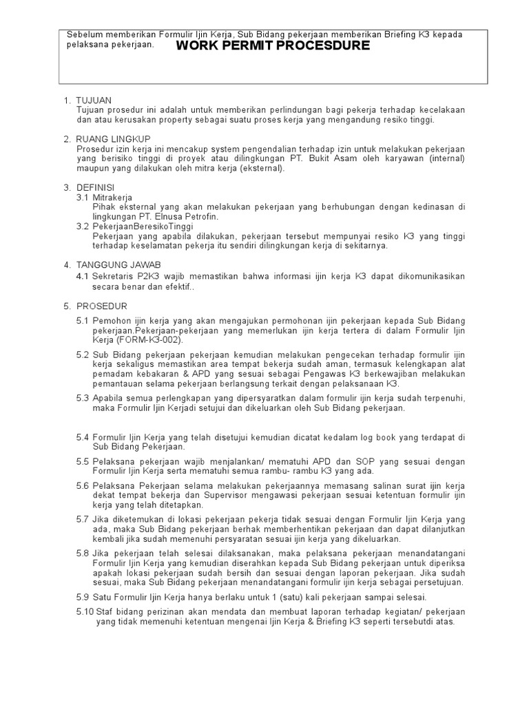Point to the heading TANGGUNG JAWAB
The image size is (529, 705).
click(x=118, y=264)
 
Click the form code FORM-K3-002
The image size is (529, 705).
click(x=149, y=340)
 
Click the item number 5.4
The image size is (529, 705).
click(x=83, y=437)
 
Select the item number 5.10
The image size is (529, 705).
click(x=85, y=611)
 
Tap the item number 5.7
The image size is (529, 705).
click(x=83, y=519)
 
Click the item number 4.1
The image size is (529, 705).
click(x=83, y=276)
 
